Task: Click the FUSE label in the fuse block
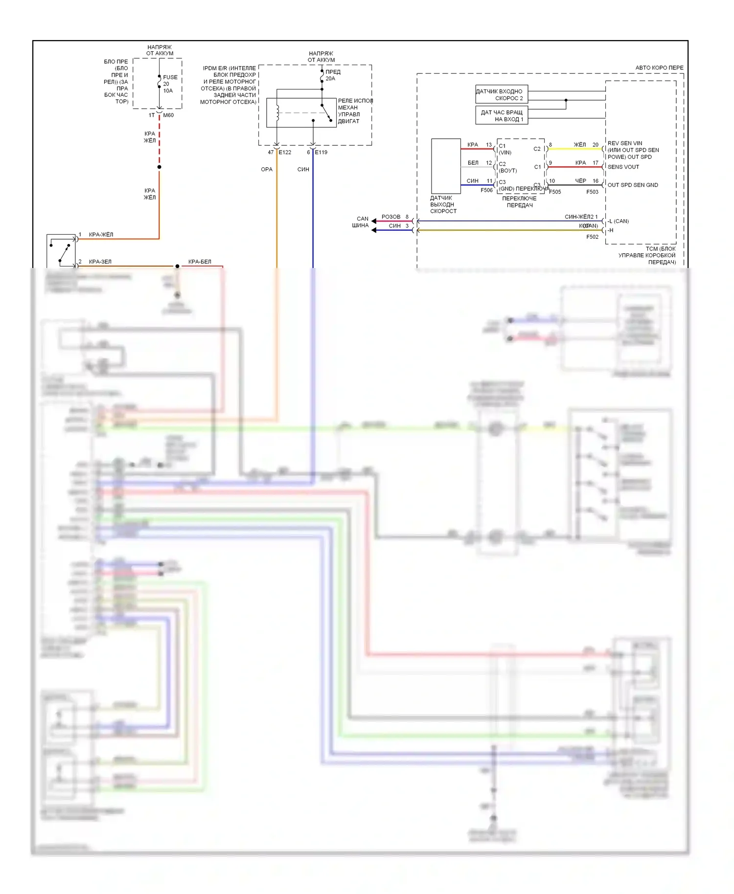[x=170, y=77]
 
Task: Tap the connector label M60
[x=168, y=115]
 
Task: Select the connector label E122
[x=285, y=153]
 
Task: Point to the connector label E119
[x=321, y=153]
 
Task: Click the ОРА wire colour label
[x=267, y=170]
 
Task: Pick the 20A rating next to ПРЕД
[x=330, y=79]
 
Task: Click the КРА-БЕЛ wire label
[x=200, y=262]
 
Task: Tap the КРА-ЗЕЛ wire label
[x=100, y=262]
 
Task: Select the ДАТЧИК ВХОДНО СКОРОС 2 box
[x=502, y=94]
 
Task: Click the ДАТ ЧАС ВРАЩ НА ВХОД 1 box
[x=502, y=115]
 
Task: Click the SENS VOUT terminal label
[x=623, y=167]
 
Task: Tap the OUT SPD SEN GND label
[x=632, y=185]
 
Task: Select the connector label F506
[x=486, y=191]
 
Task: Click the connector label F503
[x=592, y=192]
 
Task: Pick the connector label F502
[x=592, y=237]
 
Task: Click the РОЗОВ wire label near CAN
[x=391, y=217]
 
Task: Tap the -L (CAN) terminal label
[x=619, y=222]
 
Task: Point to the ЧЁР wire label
[x=580, y=181]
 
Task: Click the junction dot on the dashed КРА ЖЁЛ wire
[x=160, y=167]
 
